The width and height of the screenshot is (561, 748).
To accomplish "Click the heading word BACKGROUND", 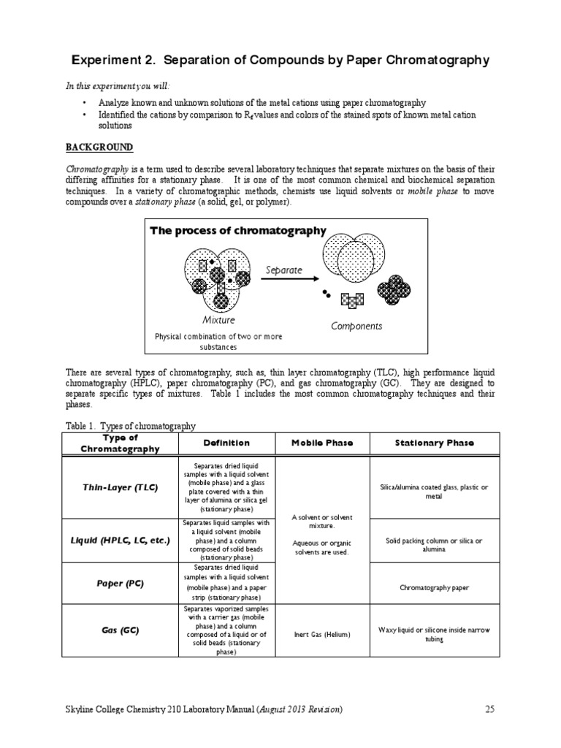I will point(99,147).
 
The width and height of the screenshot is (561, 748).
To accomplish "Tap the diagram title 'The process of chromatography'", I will point(238,231).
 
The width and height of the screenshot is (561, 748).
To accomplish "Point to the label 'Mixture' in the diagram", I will point(218,320).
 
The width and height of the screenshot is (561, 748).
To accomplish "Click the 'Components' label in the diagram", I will point(356,326).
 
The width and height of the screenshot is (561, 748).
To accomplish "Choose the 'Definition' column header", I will point(226,443).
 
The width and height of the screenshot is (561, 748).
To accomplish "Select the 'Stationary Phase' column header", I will point(434,443).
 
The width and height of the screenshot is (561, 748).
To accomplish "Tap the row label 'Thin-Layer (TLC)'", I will point(120,486).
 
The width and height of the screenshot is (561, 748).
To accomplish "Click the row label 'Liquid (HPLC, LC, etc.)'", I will point(120,541).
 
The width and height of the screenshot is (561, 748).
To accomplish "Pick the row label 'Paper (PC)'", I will point(120,583).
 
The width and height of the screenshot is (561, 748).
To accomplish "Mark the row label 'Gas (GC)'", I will point(120,630).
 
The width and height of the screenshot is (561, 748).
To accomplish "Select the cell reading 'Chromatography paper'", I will point(435,587).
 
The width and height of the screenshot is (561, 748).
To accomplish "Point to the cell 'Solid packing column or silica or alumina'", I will point(435,545).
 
